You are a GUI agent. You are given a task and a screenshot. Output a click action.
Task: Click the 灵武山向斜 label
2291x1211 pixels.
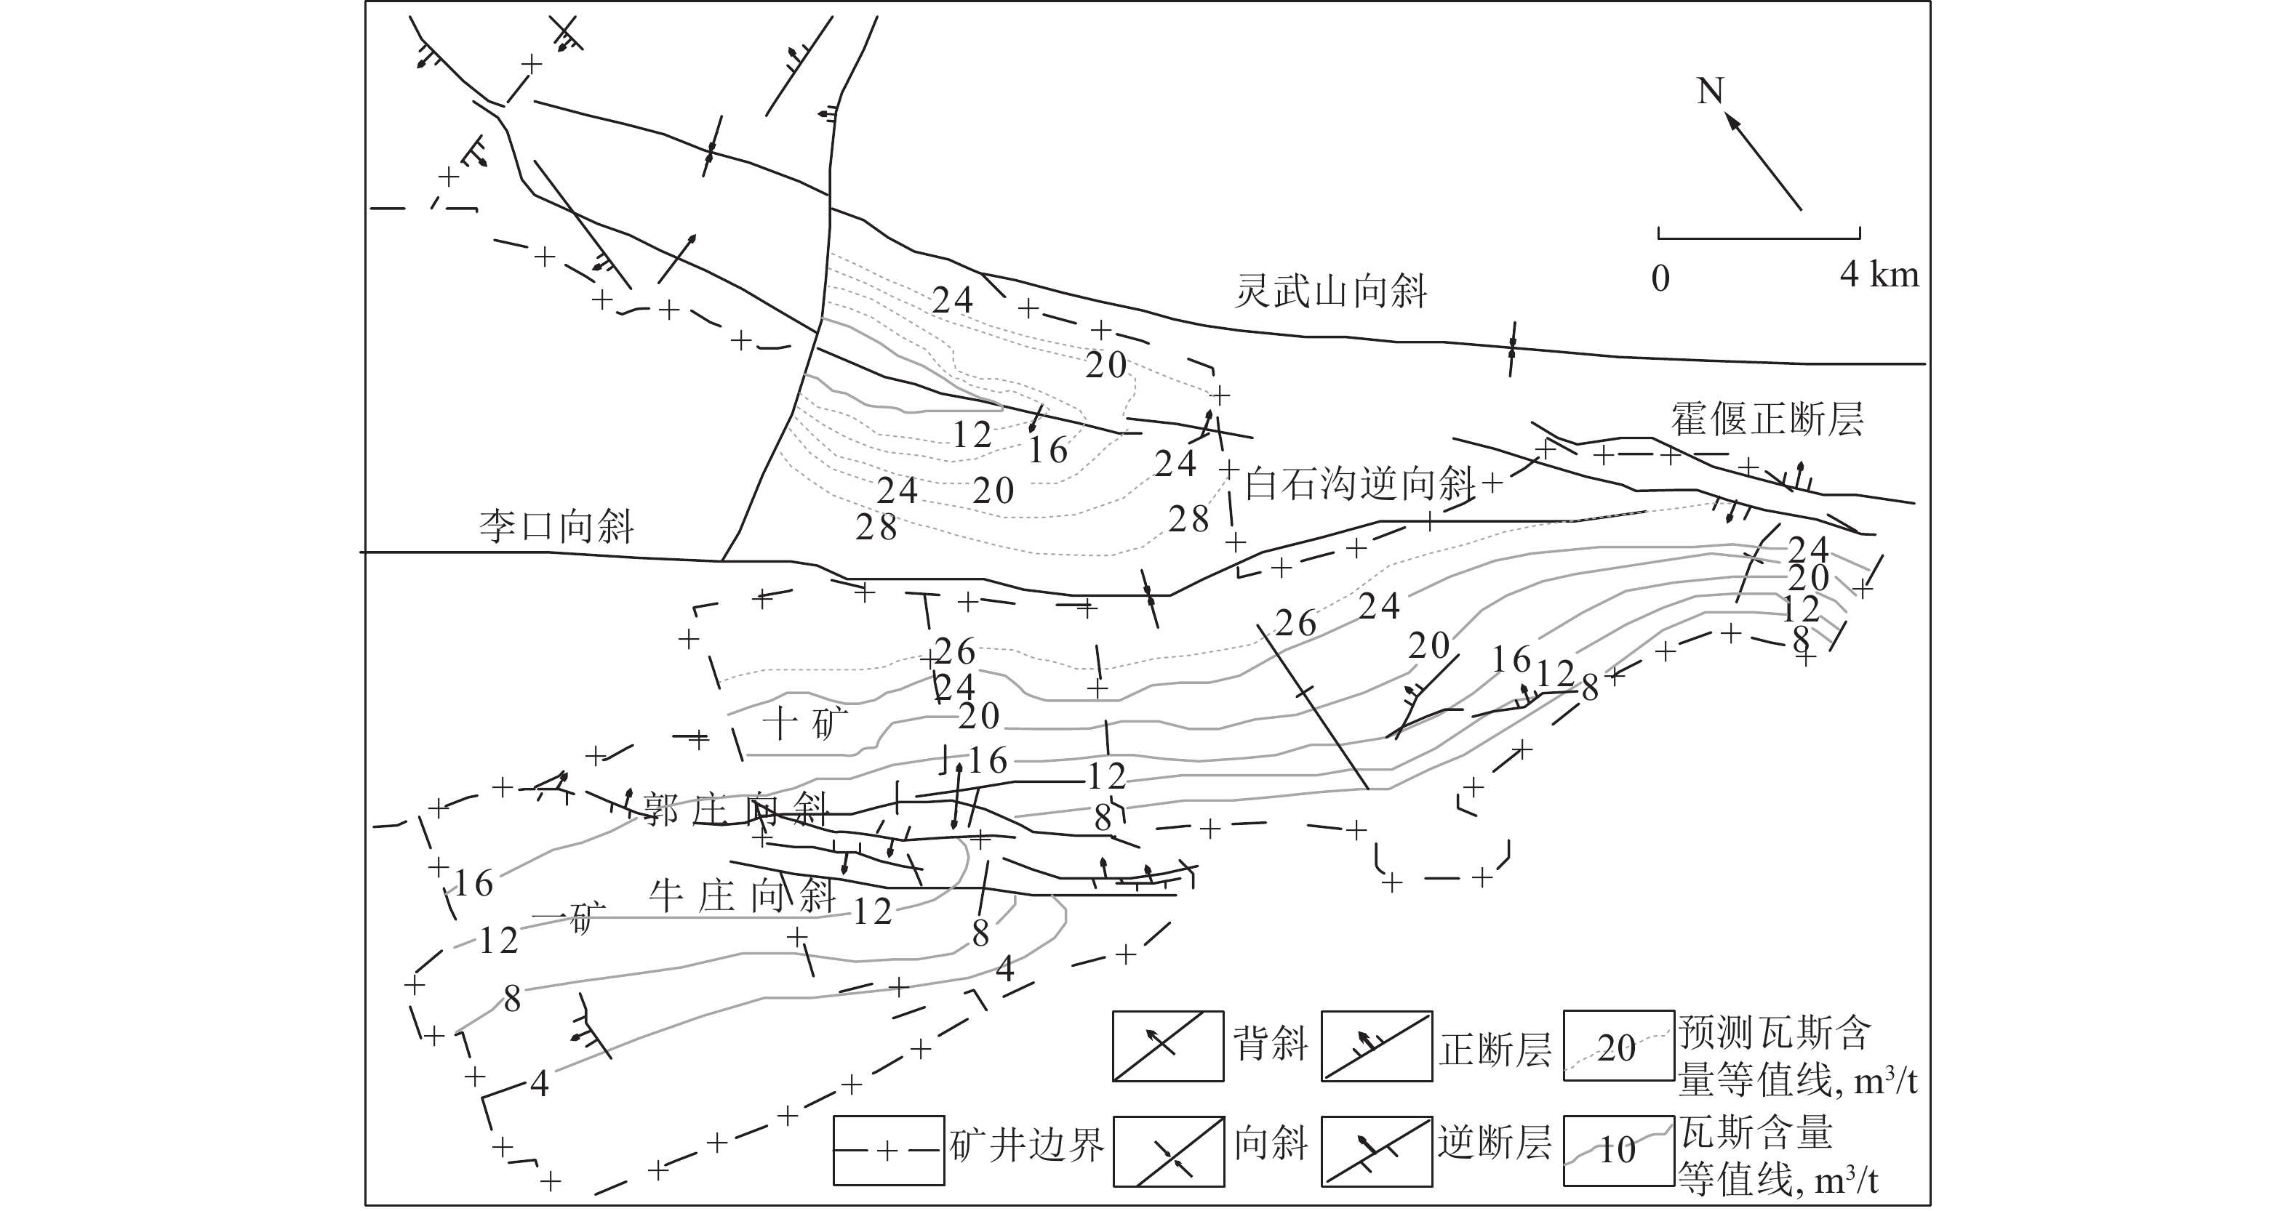(x=1330, y=291)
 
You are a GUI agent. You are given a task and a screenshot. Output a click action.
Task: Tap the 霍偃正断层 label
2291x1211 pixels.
(x=1767, y=419)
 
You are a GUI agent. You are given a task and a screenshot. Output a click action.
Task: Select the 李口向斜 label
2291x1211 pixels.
(x=556, y=526)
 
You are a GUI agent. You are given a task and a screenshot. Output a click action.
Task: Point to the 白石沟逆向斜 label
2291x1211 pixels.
(x=1359, y=485)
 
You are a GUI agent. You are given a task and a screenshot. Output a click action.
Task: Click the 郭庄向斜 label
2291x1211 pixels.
(x=735, y=810)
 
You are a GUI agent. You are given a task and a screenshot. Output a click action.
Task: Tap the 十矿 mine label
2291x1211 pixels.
(x=806, y=722)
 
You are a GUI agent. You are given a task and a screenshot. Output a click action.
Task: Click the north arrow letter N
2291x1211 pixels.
(x=1709, y=92)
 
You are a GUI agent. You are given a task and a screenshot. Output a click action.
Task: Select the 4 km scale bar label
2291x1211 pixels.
(x=1879, y=275)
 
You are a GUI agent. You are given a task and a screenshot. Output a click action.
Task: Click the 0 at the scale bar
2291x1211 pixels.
(x=1660, y=279)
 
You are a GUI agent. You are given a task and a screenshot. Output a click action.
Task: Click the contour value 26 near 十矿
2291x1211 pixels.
(x=955, y=652)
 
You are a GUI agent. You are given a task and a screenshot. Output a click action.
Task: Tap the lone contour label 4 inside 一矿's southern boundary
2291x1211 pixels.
(x=539, y=1084)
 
